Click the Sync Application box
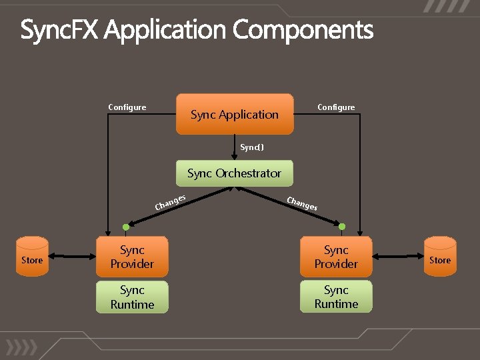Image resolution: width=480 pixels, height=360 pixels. [235, 115]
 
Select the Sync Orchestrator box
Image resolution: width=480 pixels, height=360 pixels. [234, 173]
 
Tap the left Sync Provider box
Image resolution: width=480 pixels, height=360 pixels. [132, 257]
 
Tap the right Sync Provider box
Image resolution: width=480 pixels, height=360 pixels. [336, 257]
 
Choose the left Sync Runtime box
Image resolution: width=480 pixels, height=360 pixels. [132, 297]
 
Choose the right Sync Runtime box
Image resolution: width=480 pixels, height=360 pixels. [336, 297]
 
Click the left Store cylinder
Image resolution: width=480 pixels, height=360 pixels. [32, 257]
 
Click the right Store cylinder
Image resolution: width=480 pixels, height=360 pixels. [440, 257]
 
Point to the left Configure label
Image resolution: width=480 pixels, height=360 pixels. [127, 107]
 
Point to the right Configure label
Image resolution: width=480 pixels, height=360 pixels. [336, 107]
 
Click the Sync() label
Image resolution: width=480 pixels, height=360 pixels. [252, 147]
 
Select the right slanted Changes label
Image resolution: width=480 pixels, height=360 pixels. [301, 204]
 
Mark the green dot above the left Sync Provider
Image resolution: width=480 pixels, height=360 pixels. [126, 227]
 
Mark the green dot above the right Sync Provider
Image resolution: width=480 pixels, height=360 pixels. [342, 227]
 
